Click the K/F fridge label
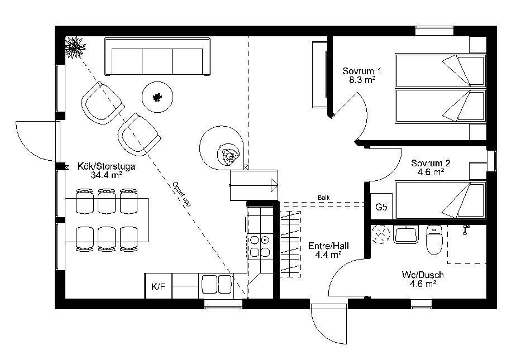[159, 287]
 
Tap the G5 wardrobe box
[381, 207]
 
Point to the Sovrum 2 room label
[431, 163]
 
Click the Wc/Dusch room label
[423, 275]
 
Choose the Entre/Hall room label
[328, 246]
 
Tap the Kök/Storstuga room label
[106, 166]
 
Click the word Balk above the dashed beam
[324, 198]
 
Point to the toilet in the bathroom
[434, 239]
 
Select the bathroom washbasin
[405, 234]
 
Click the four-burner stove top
[260, 246]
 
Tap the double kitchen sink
[216, 284]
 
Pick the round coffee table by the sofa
[157, 97]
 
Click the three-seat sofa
[157, 56]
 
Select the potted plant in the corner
[74, 47]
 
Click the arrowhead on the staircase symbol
[274, 185]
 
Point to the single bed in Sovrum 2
[441, 200]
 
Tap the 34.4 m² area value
[106, 175]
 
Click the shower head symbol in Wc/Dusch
[466, 229]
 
